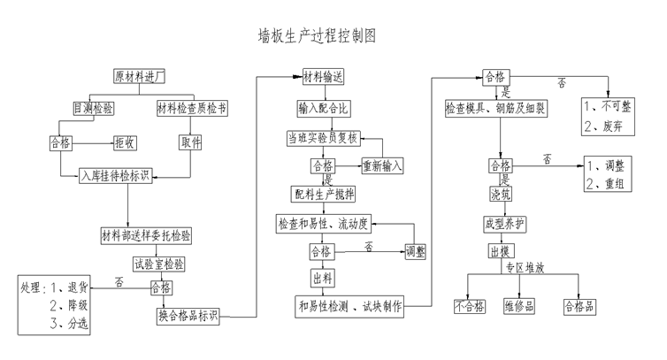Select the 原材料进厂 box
point(145,77)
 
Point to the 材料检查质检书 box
point(192,108)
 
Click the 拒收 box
point(124,142)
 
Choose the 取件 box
point(191,142)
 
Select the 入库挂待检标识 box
point(115,174)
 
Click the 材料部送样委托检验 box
point(148,234)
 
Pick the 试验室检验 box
point(158,264)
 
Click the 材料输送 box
point(324,77)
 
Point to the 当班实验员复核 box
point(323,138)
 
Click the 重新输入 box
point(382,165)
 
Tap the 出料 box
point(322,279)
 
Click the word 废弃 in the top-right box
point(615,126)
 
